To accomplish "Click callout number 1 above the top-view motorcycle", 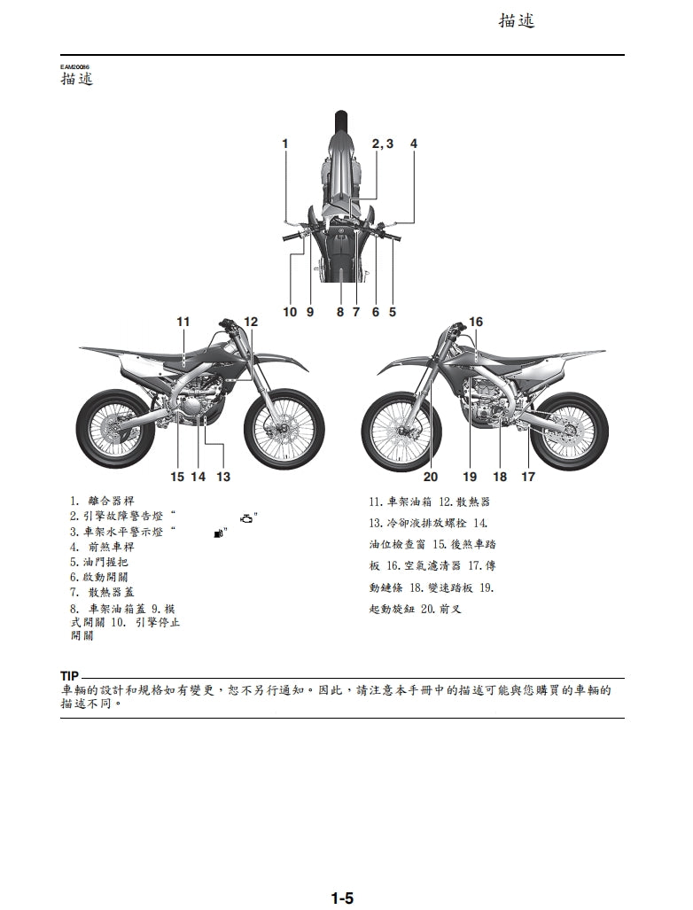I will point(285,143).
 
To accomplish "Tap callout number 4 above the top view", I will point(413,143).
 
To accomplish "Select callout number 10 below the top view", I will point(290,312).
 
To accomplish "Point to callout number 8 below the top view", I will point(339,312).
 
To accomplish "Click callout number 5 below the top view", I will point(393,312).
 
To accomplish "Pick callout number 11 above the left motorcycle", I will point(183,322).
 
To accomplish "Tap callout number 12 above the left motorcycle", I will point(251,322).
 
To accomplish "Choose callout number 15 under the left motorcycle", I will point(177,477).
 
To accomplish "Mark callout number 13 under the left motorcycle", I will point(222,477).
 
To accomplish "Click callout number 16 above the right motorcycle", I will point(476,322).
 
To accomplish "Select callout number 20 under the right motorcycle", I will point(431,477).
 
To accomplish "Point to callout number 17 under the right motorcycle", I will point(528,477).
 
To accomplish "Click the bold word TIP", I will point(70,676).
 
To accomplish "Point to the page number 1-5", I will point(342,898).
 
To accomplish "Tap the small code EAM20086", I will point(75,67).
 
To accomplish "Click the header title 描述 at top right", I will point(517,21).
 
